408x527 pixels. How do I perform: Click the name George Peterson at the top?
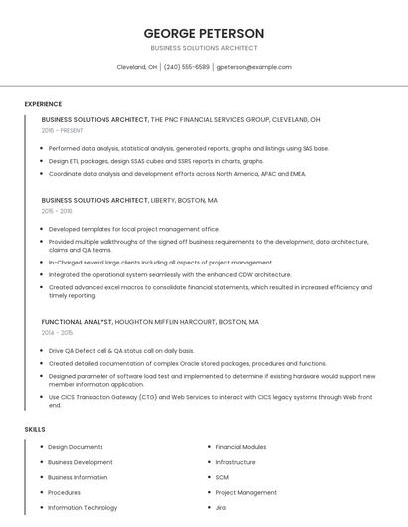(x=204, y=33)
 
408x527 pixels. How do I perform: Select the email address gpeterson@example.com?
(x=254, y=67)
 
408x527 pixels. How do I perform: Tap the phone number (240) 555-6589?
(x=187, y=67)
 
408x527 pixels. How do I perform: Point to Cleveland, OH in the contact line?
(x=137, y=67)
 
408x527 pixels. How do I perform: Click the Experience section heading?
(x=43, y=104)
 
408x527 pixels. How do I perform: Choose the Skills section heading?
(x=35, y=429)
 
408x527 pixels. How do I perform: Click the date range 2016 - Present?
(x=63, y=130)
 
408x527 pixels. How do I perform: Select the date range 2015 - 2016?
(x=57, y=211)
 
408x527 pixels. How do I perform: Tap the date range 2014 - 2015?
(x=57, y=333)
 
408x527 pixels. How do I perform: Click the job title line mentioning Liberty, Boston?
(x=129, y=200)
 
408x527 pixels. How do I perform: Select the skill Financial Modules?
(x=241, y=447)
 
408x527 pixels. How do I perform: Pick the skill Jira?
(x=221, y=507)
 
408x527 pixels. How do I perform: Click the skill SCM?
(x=222, y=477)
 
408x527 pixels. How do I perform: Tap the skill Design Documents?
(x=76, y=447)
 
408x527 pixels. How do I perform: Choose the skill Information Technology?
(x=83, y=507)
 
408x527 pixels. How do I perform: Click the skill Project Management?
(x=246, y=492)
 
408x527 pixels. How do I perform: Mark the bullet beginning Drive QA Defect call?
(x=121, y=351)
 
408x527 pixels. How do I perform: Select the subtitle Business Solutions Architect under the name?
(x=204, y=48)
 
